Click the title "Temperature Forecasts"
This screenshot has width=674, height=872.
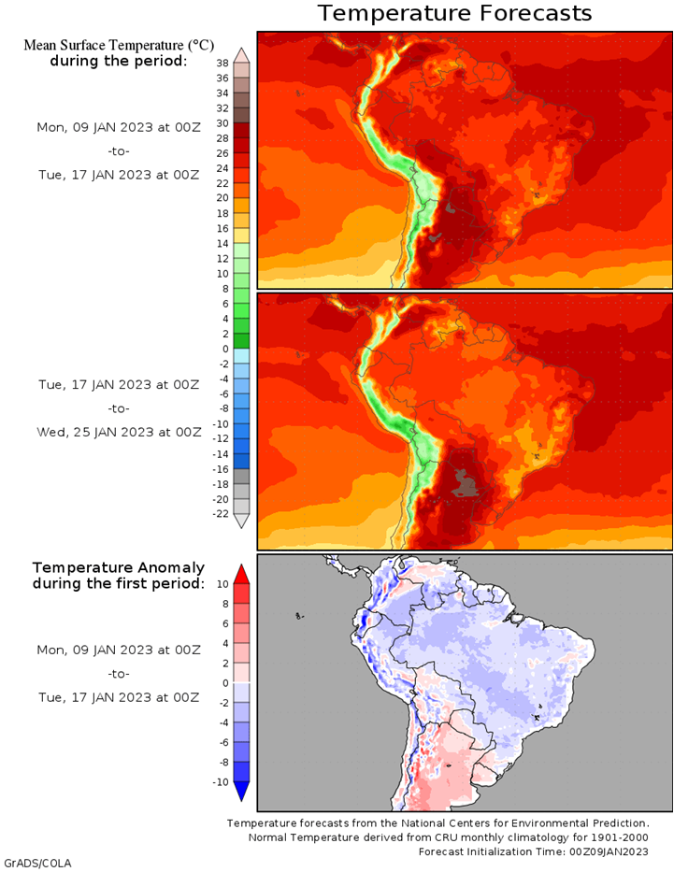[454, 13]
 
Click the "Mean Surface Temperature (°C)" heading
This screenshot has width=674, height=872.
[119, 45]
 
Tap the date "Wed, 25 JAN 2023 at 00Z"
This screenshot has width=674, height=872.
[119, 432]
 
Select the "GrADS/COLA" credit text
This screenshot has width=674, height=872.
[37, 864]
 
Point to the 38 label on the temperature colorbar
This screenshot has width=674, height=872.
[222, 63]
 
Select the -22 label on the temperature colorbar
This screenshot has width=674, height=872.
[221, 514]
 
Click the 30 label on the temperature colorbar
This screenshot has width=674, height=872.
[222, 123]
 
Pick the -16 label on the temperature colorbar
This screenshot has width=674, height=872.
[221, 469]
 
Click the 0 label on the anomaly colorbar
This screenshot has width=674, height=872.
[225, 683]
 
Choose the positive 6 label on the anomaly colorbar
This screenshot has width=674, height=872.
[225, 623]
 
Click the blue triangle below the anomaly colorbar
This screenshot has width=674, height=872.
[241, 792]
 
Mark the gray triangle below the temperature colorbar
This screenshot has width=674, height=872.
[241, 522]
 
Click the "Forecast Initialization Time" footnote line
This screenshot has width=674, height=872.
[533, 851]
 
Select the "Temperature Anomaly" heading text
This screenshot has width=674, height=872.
[119, 568]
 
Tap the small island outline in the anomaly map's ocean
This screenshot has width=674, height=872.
[300, 616]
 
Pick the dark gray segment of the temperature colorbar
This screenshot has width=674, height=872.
[241, 477]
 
